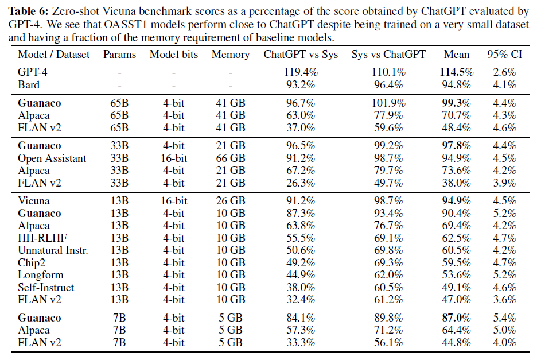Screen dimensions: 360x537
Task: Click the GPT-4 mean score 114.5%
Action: (457, 72)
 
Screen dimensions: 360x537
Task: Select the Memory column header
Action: (231, 55)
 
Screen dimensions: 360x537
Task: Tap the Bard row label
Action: (29, 85)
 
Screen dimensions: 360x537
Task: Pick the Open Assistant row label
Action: (52, 158)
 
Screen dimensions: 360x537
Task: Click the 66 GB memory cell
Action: (231, 158)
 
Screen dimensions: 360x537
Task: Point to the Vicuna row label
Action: (34, 201)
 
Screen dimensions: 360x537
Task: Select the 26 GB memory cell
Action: (231, 201)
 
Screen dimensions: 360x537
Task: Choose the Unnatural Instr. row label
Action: (53, 250)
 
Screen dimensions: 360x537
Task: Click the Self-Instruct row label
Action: (46, 287)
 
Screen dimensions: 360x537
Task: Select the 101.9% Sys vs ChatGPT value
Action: (387, 103)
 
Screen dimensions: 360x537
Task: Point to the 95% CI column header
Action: (504, 55)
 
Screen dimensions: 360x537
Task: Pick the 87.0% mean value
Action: (457, 318)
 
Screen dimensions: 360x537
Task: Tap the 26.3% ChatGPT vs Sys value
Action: (301, 183)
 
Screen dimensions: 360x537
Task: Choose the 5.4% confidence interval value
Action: (504, 318)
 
